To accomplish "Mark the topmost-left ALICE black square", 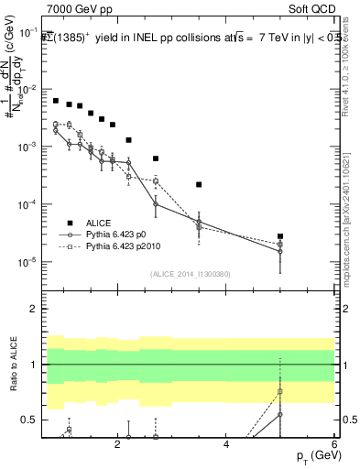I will [x=56, y=101].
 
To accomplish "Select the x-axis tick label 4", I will [x=226, y=447].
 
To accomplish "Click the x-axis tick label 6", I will [x=334, y=447].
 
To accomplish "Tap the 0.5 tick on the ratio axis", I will [x=30, y=420].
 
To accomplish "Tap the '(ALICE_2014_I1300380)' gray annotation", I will [x=189, y=273].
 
